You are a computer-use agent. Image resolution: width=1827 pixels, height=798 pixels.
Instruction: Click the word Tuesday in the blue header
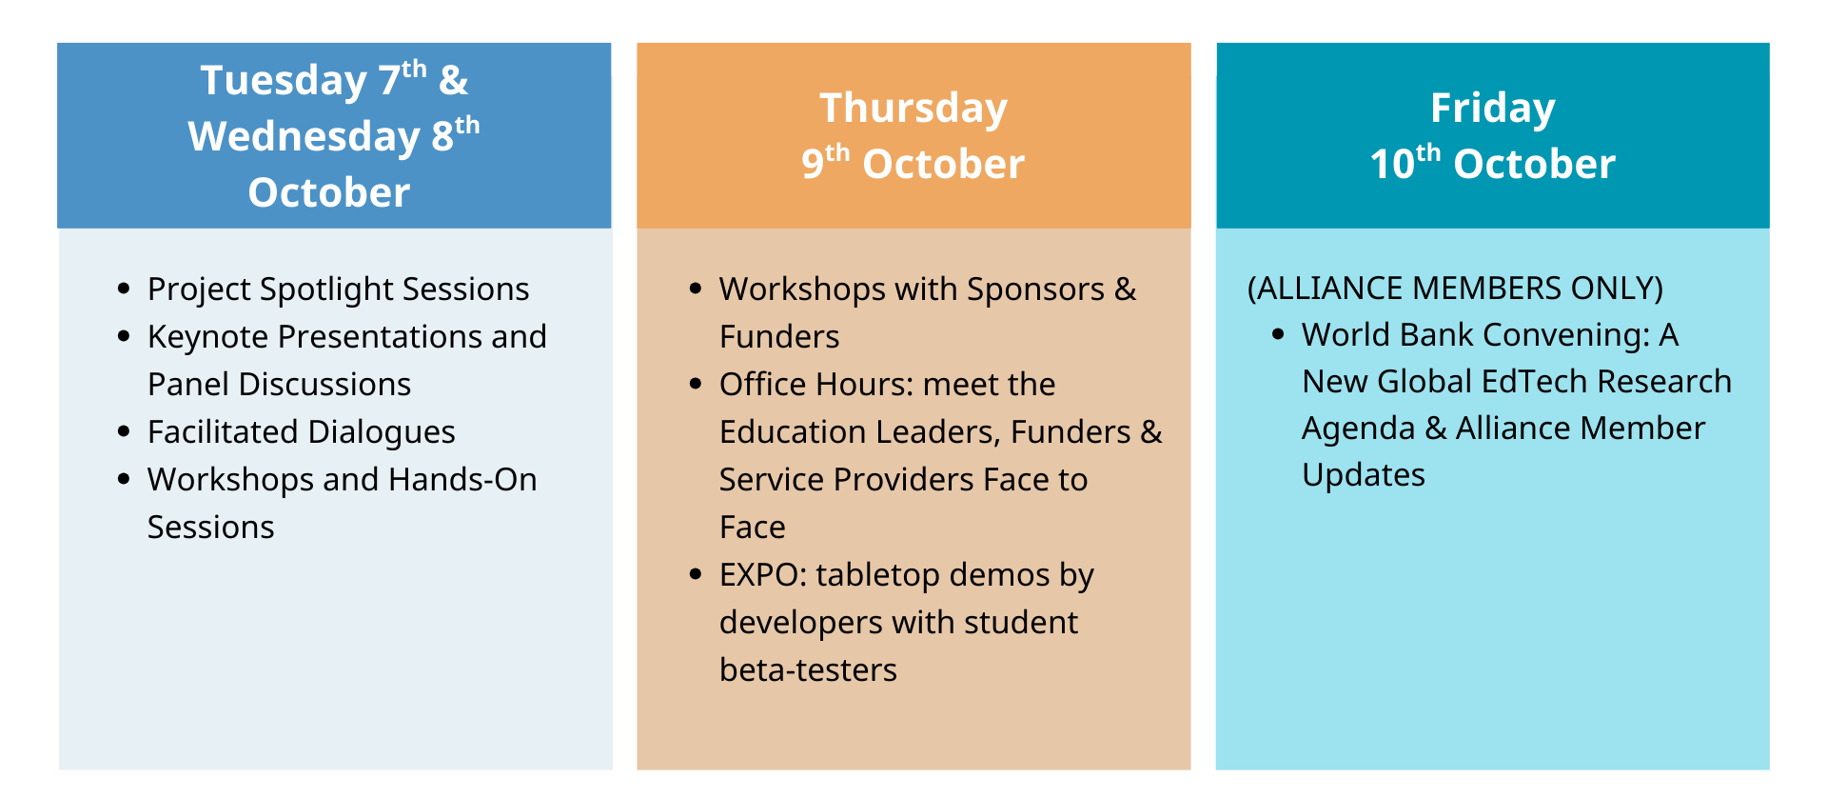284,82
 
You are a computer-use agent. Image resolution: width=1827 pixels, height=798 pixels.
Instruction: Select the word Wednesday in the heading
304,137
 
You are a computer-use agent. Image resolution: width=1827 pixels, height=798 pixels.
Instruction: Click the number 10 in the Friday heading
1392,165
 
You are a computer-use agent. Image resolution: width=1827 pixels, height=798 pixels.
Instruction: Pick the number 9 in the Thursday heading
812,165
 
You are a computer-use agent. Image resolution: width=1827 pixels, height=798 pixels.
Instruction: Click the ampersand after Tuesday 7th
454,81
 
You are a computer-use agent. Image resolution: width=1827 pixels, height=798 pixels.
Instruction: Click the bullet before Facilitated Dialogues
124,431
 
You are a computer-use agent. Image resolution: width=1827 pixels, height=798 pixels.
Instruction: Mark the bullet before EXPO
696,574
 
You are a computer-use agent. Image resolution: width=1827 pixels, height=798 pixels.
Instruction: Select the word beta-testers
808,669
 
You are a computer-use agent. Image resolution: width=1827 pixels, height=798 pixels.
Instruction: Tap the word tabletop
877,575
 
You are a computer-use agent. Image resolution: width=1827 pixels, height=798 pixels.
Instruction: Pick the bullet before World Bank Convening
1278,334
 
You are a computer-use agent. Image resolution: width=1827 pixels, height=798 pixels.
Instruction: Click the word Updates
1364,475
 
